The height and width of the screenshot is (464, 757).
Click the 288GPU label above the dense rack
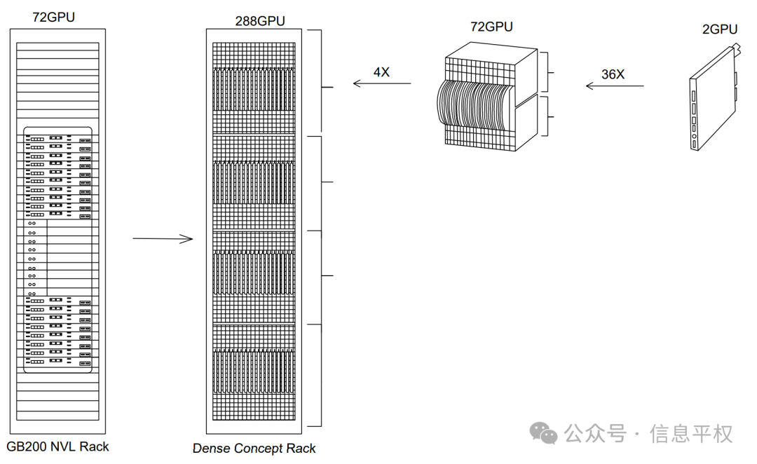point(260,21)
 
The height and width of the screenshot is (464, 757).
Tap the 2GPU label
point(719,29)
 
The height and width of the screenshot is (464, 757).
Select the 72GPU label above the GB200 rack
point(53,17)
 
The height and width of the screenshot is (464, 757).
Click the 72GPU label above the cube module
point(491,27)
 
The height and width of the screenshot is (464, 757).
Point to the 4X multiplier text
point(381,72)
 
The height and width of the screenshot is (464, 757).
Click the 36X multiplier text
point(613,74)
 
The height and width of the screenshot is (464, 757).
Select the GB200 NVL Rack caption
point(57,446)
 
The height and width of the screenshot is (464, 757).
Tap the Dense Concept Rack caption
point(254,449)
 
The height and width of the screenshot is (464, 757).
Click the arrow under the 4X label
point(382,83)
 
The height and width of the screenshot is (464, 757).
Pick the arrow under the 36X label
point(615,86)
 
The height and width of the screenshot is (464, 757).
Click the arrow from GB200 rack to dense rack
point(163,238)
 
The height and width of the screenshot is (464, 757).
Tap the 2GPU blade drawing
point(714,99)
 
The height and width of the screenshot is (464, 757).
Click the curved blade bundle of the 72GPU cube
point(475,105)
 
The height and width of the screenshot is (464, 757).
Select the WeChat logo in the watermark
point(543,432)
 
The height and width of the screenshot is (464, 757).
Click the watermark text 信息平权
point(691,434)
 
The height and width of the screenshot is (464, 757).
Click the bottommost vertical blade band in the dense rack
point(254,371)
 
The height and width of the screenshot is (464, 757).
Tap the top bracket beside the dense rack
point(322,81)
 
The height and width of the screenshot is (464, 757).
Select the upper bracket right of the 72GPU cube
point(547,72)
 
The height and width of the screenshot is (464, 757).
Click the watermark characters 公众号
point(595,434)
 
